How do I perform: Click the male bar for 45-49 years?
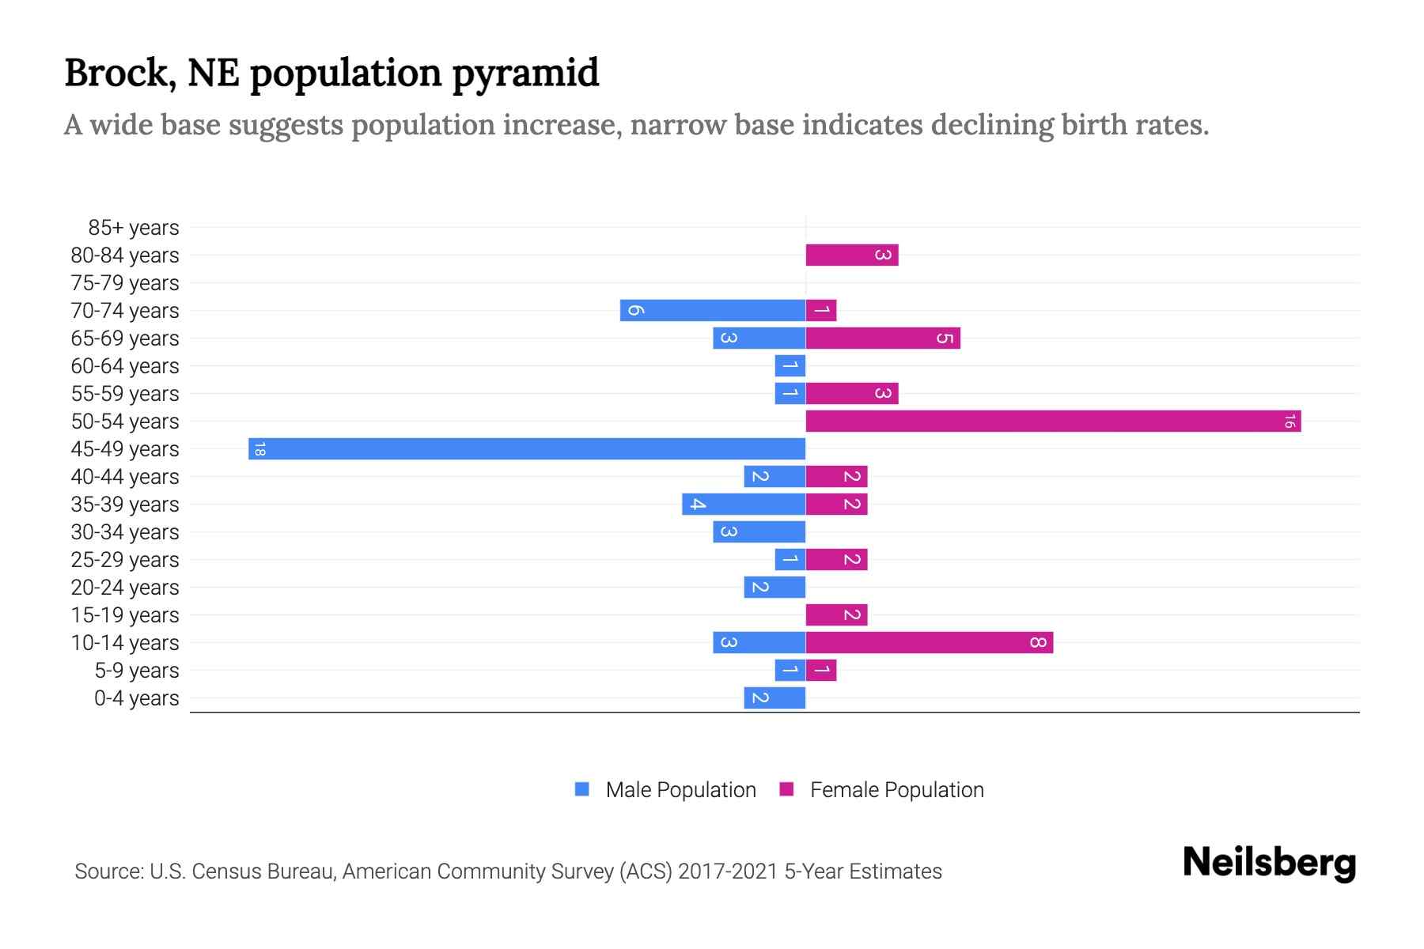coord(527,448)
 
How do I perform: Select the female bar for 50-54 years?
coord(1053,421)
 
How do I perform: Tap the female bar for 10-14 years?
coord(929,642)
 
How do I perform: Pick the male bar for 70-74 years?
coord(712,310)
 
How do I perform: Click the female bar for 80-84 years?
coord(851,255)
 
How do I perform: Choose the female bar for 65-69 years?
coord(882,338)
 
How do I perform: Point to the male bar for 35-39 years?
coord(744,504)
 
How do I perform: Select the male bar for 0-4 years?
coord(774,698)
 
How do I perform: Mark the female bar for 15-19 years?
coord(836,614)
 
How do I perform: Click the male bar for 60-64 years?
coord(790,365)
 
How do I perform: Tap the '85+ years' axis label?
coord(134,228)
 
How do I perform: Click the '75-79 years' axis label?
coord(125,283)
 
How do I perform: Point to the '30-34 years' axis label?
coord(125,532)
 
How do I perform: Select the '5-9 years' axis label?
coord(137,671)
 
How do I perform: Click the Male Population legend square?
coord(582,789)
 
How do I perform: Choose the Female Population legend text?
coord(896,790)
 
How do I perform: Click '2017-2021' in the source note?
coord(727,871)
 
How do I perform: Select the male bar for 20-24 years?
coord(774,587)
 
